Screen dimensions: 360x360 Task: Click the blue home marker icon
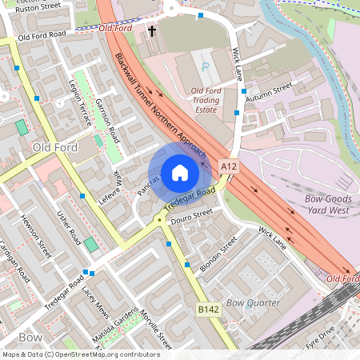(x=180, y=172)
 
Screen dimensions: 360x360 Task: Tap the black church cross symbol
(x=151, y=31)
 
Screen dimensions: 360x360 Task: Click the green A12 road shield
(x=229, y=166)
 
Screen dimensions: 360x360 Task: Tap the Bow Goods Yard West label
(x=329, y=204)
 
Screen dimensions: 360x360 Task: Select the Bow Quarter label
(x=253, y=303)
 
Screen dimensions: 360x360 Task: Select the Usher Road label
(x=70, y=227)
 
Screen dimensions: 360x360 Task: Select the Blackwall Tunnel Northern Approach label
(x=162, y=105)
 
